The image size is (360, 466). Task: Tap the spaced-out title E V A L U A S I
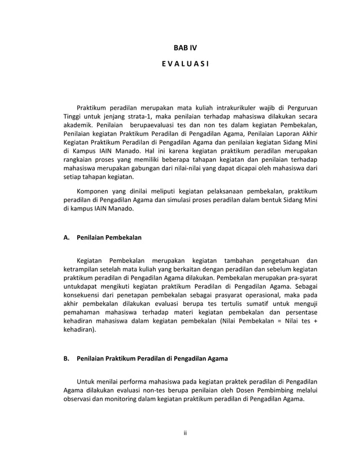coord(185,73)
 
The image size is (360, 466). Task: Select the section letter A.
coord(66,238)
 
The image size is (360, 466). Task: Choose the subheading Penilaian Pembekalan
coord(109,238)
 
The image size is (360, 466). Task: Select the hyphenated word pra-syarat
coord(301,279)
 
